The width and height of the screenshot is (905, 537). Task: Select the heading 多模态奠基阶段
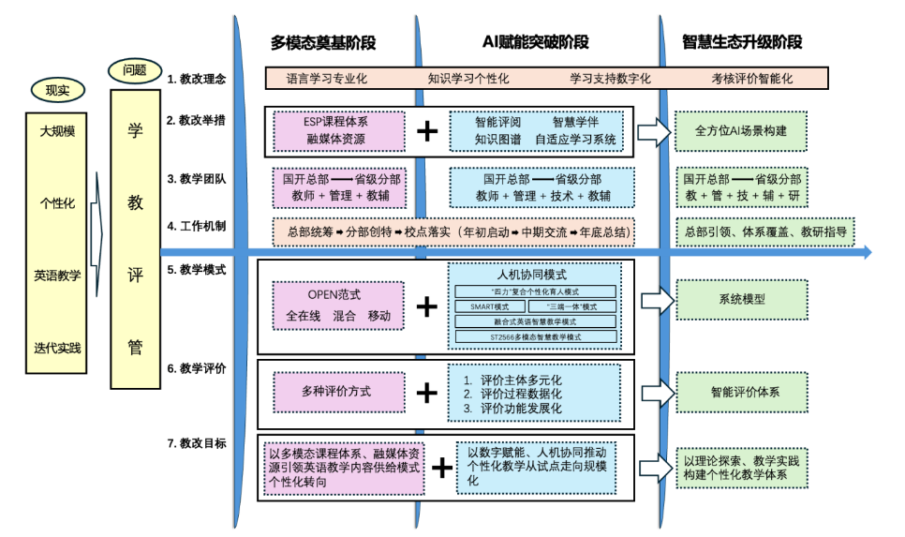click(x=322, y=42)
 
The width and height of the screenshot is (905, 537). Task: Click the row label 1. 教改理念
click(x=197, y=79)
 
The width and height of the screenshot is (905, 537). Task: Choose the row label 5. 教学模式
click(x=197, y=270)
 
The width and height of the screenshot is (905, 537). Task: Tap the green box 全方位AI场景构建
click(x=742, y=131)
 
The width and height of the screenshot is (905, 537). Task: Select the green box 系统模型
click(x=742, y=300)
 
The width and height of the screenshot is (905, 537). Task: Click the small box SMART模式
click(x=489, y=306)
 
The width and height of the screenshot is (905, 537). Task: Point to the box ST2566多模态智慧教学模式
click(x=535, y=336)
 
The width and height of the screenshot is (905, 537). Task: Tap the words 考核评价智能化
click(x=751, y=79)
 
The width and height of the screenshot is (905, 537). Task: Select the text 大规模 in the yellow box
click(x=57, y=131)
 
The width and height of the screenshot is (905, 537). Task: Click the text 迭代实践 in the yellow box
click(x=57, y=348)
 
